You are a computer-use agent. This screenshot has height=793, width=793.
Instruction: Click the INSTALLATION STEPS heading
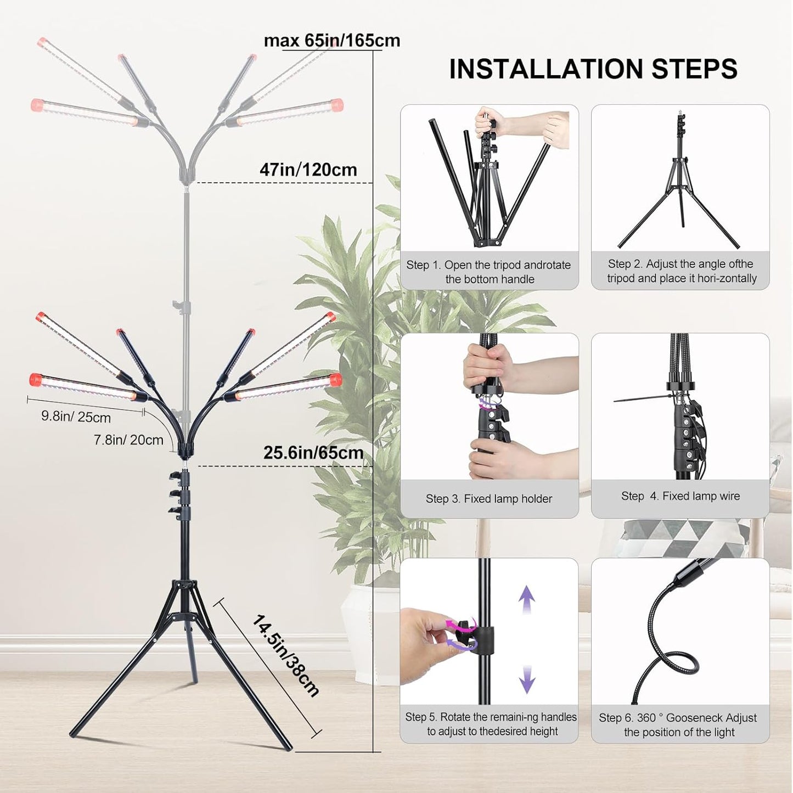pyautogui.click(x=593, y=69)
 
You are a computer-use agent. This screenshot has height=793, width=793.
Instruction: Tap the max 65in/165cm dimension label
pyautogui.click(x=331, y=41)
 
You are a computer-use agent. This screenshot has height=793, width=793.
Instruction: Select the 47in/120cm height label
pyautogui.click(x=308, y=170)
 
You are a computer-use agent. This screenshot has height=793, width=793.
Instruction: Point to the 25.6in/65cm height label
pyautogui.click(x=313, y=453)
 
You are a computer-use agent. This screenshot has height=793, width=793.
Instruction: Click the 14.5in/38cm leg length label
pyautogui.click(x=285, y=656)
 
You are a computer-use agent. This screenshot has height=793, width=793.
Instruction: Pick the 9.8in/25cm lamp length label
pyautogui.click(x=76, y=417)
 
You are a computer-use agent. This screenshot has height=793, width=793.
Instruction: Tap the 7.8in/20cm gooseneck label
pyautogui.click(x=128, y=440)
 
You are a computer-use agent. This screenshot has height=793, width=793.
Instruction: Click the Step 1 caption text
pyautogui.click(x=488, y=272)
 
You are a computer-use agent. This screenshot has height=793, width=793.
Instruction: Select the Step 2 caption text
pyautogui.click(x=681, y=271)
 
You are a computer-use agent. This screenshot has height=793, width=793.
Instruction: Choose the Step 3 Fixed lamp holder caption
pyautogui.click(x=488, y=498)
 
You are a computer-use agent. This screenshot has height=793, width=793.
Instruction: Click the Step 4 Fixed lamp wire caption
pyautogui.click(x=680, y=496)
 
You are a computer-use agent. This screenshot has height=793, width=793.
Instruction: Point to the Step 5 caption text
pyautogui.click(x=491, y=724)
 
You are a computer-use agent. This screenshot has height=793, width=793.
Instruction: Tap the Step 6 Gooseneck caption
pyautogui.click(x=678, y=724)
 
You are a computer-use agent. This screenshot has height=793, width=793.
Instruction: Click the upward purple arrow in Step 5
pyautogui.click(x=527, y=599)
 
